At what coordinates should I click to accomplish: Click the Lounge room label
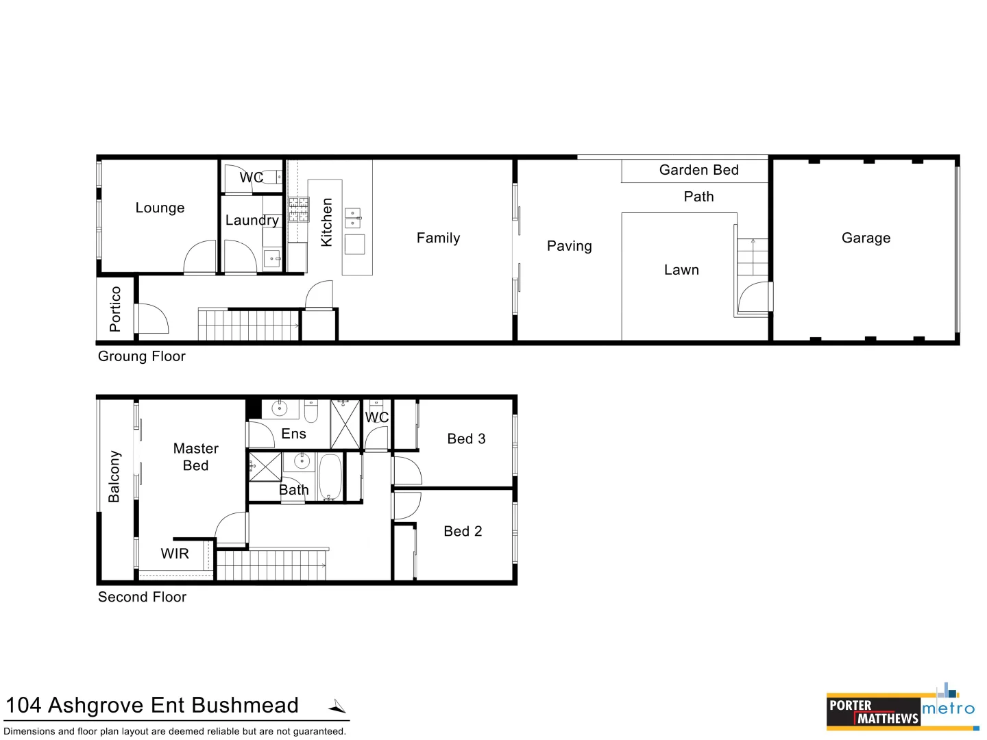coord(160,208)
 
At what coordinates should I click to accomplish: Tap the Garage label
coord(866,238)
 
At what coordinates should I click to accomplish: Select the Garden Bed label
coord(698,170)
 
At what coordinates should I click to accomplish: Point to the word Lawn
coord(681,269)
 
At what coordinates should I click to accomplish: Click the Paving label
coord(570,246)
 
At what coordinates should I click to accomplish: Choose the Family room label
coord(438,238)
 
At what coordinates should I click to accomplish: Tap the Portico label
coord(114,309)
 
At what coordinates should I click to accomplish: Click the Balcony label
coord(114,476)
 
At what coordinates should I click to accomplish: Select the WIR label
coord(175,554)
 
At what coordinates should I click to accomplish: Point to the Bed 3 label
coord(466,439)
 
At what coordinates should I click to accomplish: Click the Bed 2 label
coord(463,531)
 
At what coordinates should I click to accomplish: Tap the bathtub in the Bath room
coord(330,477)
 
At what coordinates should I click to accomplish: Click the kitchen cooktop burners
coord(299,210)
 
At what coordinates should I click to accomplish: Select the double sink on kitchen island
coord(352,219)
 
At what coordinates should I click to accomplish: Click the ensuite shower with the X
coord(345,424)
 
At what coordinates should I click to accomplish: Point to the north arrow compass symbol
coord(338,706)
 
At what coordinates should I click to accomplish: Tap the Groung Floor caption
coord(142,356)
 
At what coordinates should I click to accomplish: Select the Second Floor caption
coord(142,597)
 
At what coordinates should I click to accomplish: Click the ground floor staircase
coord(249,325)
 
